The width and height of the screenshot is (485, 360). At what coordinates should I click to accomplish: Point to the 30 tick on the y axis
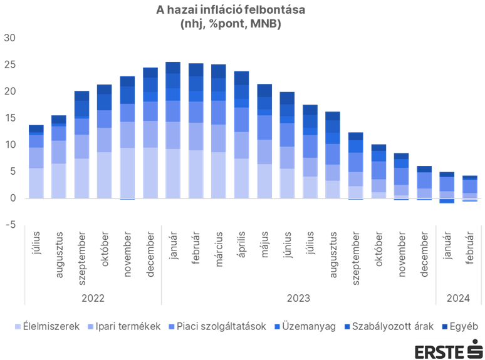coord(11,38)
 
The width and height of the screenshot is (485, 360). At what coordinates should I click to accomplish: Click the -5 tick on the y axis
coord(11,225)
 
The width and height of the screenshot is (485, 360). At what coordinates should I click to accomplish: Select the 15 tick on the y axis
coord(11,118)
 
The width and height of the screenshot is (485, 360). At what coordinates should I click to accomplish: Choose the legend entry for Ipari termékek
coord(125,326)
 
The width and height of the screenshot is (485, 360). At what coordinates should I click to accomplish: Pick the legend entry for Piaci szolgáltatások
coord(216,326)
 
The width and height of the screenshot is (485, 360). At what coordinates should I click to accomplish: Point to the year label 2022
coord(93,299)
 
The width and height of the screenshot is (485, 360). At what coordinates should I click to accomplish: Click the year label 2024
coord(458,299)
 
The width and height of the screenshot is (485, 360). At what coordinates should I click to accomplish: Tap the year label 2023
coord(298,299)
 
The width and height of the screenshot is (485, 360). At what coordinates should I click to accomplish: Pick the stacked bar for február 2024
coord(470,188)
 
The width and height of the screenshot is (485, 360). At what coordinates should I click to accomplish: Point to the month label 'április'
coord(241,250)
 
